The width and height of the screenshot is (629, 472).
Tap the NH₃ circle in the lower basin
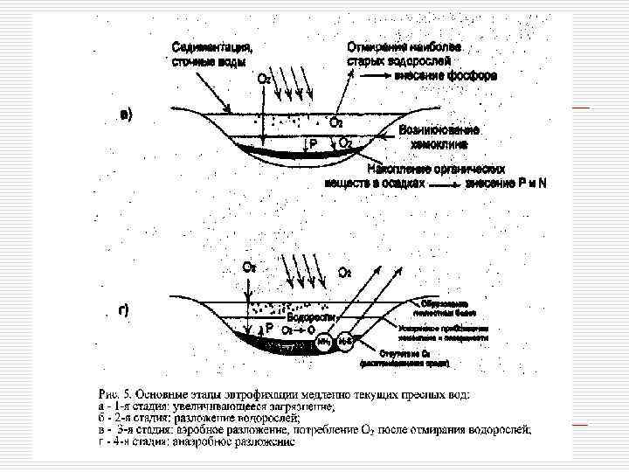point(324,342)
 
